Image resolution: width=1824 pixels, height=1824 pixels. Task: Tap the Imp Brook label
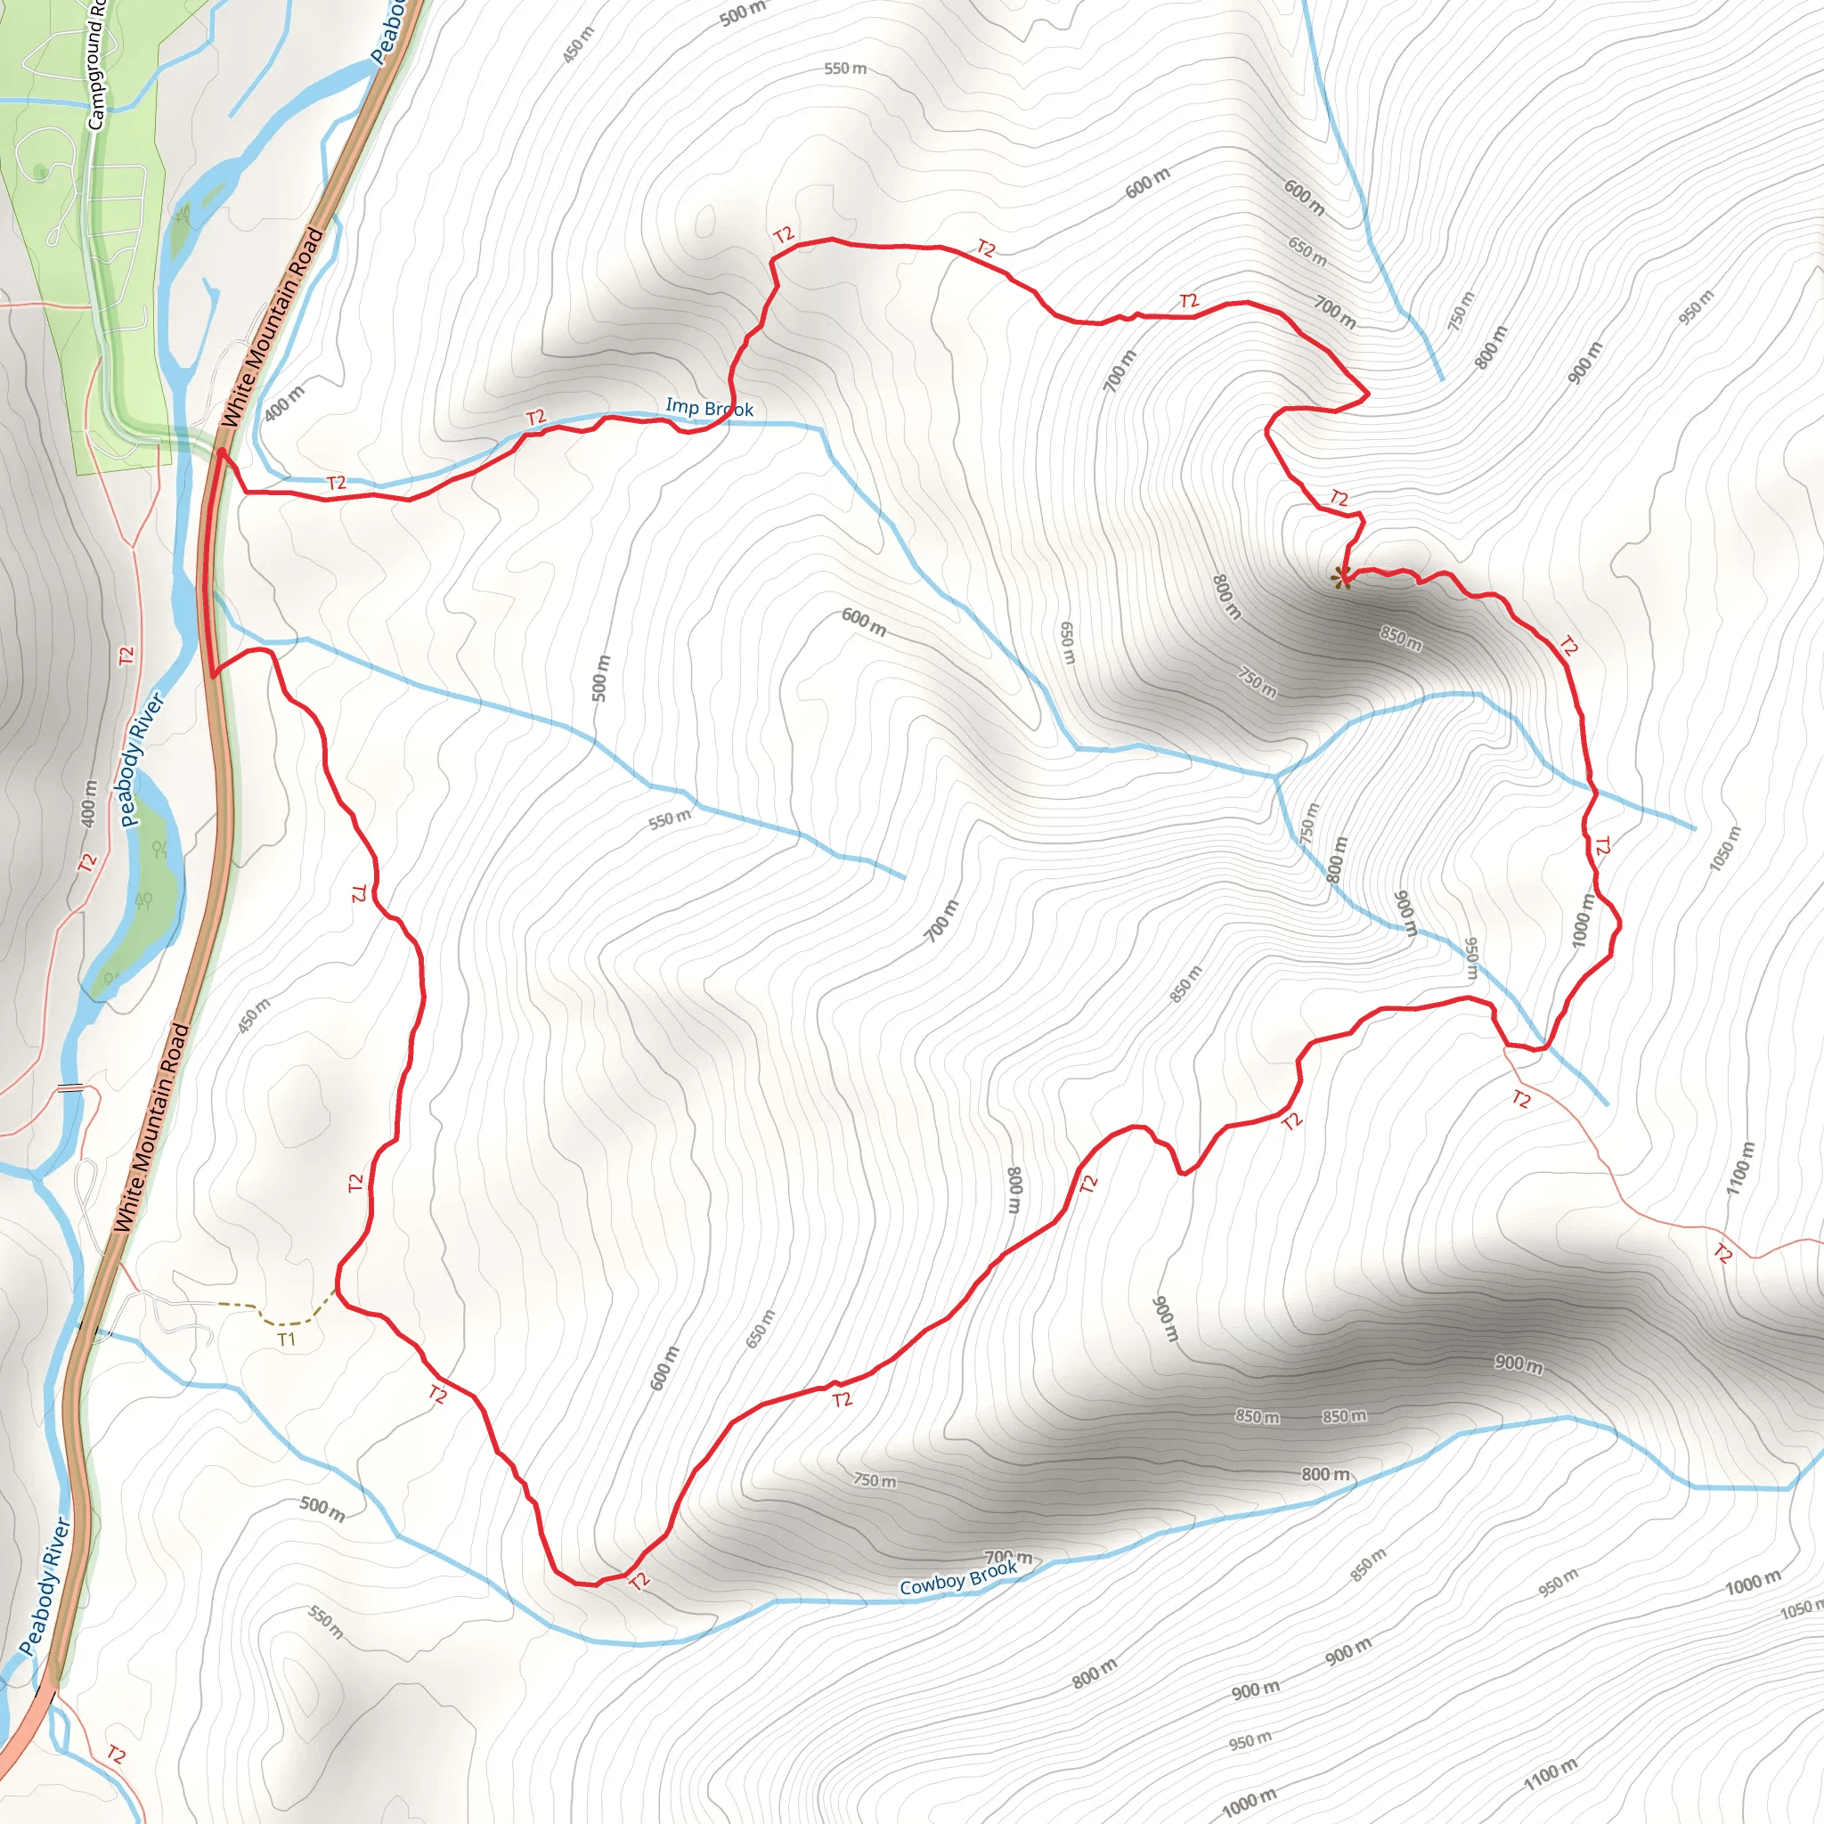point(709,408)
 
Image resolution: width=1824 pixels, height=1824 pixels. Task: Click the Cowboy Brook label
point(958,1578)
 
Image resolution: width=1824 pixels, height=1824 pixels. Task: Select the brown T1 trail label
point(287,1339)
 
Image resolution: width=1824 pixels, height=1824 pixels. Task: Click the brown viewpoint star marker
point(1340,578)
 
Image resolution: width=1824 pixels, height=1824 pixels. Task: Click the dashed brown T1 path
point(273,1318)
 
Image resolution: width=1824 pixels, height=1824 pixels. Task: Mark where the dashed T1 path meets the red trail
point(337,1289)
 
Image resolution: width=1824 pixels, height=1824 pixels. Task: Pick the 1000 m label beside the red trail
point(1584,922)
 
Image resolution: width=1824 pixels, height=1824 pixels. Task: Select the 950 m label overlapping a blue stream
point(1471,957)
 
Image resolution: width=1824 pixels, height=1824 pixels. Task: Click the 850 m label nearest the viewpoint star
point(1401,639)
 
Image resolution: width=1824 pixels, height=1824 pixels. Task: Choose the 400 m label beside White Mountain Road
point(284,403)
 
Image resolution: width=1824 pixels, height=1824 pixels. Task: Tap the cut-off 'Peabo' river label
point(387,33)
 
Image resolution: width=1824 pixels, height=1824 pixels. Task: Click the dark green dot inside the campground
point(38,171)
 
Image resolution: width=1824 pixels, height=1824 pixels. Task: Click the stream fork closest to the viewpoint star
point(1275,777)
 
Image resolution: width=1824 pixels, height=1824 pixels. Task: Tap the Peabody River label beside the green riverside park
point(142,761)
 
